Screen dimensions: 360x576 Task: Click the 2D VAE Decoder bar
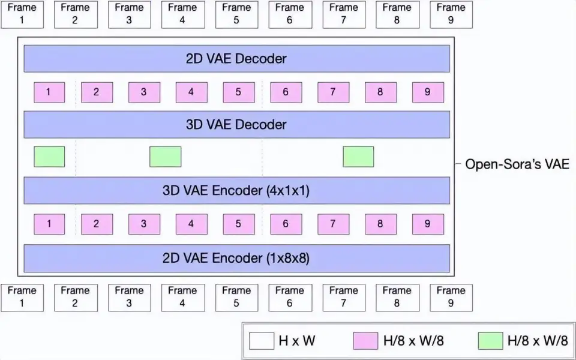(236, 59)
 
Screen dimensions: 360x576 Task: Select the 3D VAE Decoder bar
(236, 125)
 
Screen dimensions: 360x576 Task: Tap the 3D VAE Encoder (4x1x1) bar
(236, 191)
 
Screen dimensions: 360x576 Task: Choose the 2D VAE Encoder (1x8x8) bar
(236, 258)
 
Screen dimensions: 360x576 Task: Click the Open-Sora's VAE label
(517, 164)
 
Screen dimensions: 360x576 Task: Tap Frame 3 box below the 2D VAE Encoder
(129, 297)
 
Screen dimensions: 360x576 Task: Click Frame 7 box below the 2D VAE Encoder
(344, 297)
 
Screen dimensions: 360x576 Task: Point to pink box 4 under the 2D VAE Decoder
(191, 92)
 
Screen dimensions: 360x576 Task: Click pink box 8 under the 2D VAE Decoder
(380, 92)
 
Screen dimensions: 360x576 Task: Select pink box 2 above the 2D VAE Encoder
(96, 224)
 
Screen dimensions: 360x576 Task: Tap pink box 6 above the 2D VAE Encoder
(286, 224)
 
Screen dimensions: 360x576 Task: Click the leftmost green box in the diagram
(49, 157)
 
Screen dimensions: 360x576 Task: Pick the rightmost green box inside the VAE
(358, 157)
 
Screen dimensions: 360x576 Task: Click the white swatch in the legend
(261, 341)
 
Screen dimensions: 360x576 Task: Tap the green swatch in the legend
(490, 341)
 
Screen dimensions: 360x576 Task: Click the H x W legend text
(296, 341)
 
